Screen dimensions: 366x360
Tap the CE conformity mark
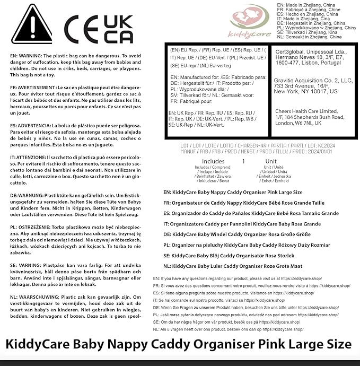click(82, 29)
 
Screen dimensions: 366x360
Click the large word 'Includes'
click(213, 161)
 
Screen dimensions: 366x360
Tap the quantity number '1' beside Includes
click(243, 161)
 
